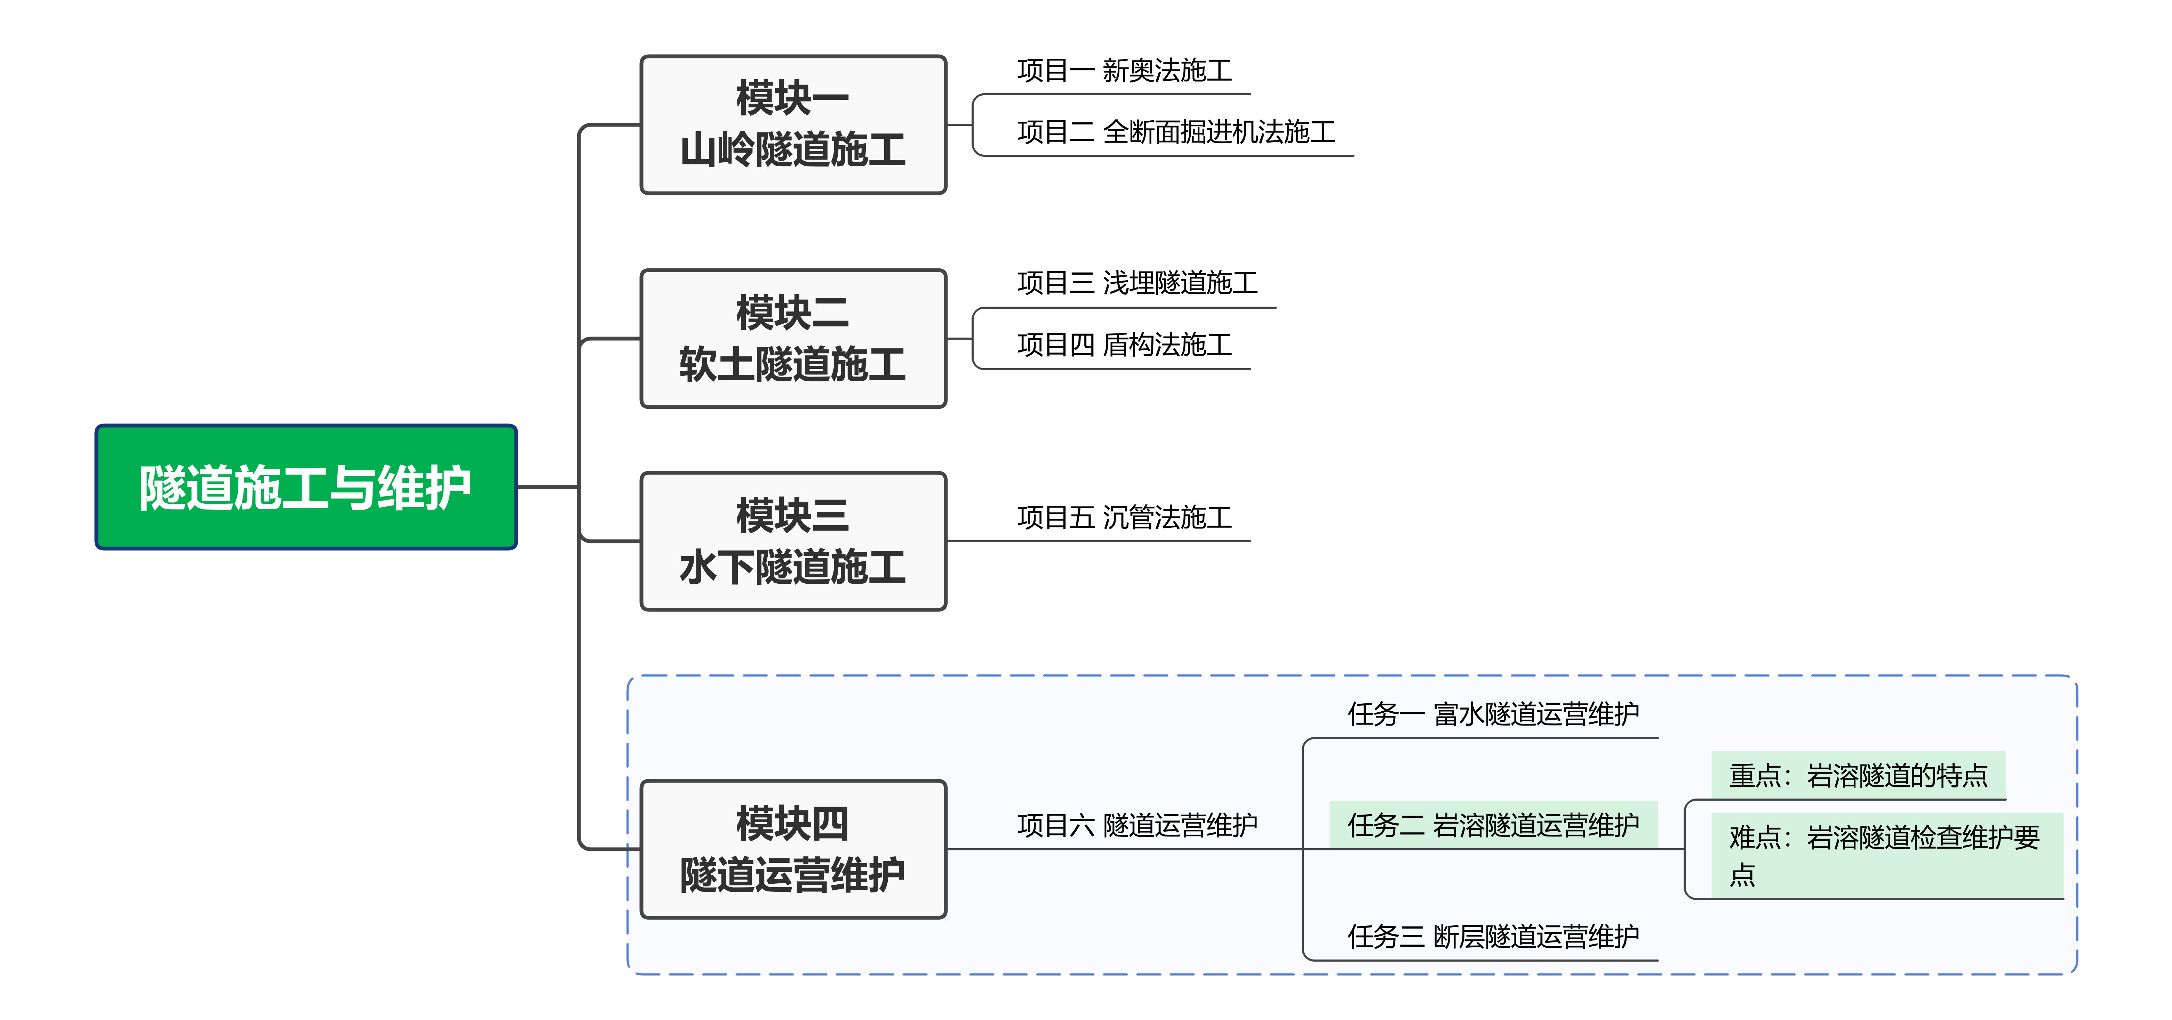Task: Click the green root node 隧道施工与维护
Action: (305, 487)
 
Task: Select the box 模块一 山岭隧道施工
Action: (792, 125)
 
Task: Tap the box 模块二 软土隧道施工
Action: (792, 339)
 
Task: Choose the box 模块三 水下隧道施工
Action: (792, 541)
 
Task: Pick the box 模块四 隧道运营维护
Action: (792, 849)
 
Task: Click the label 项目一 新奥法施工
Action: (1124, 71)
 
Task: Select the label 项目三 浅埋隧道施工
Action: (1136, 283)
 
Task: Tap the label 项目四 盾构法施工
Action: (1124, 345)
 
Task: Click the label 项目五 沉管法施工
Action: (1124, 518)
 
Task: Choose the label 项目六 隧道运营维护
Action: (1136, 825)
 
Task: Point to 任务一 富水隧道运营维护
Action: (1492, 715)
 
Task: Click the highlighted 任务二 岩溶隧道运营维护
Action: (1492, 825)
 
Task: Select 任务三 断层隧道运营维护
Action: (1492, 937)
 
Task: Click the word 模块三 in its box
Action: (792, 515)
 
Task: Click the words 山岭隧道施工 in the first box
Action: (792, 150)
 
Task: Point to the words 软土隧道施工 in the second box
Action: (792, 365)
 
